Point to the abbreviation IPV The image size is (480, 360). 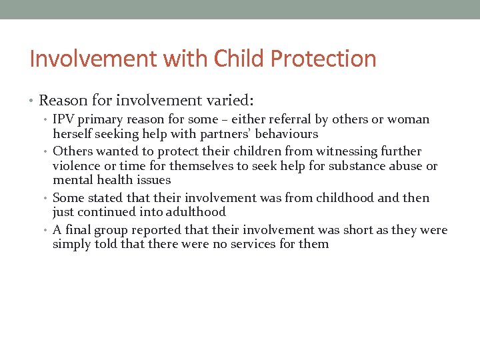(x=64, y=119)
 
